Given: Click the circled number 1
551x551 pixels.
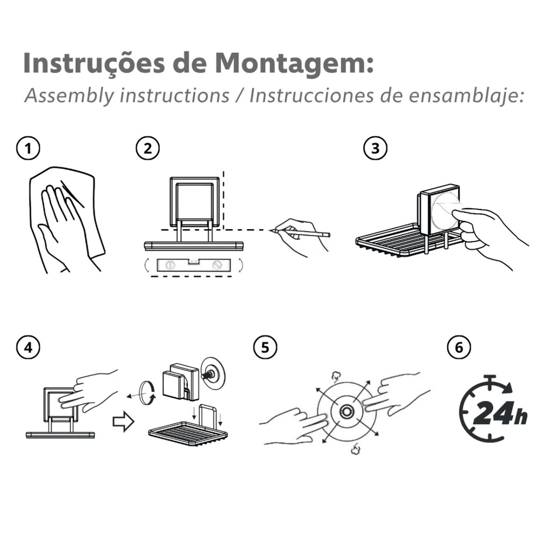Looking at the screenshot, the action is (x=28, y=149).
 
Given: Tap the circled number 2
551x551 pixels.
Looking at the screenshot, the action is (x=147, y=149).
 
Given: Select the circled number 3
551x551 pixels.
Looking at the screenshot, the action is (x=375, y=149).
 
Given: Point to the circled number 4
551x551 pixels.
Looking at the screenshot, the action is (x=28, y=348).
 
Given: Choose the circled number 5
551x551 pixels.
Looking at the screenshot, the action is (x=265, y=348).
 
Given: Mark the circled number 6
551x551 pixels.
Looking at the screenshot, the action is (x=459, y=348).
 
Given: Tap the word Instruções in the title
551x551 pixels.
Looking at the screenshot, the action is (x=94, y=63).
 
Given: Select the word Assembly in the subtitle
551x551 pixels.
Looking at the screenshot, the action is (x=69, y=96).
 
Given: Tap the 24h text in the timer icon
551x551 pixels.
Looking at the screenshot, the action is (x=500, y=413).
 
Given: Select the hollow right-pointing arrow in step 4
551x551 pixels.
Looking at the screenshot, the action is (x=123, y=421).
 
